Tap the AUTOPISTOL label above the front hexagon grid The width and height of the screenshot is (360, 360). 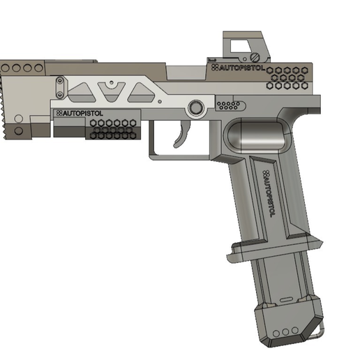coord(79,113)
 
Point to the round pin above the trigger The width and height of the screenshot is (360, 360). coord(196,107)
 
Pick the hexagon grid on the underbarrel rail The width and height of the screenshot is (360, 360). coord(112,128)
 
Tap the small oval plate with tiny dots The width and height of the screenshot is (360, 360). coord(231,106)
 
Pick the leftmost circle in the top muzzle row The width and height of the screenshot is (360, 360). coord(5,69)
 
